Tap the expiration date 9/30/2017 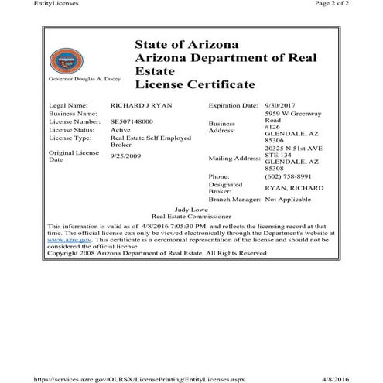280,104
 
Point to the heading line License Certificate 194,83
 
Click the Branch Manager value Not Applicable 292,199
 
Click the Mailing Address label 233,158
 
